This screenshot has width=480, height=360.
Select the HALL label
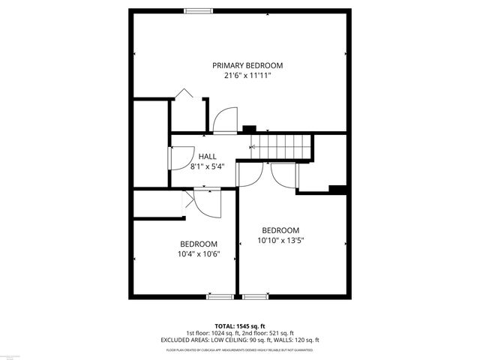(x=207, y=156)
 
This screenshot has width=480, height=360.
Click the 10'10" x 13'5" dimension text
(x=280, y=240)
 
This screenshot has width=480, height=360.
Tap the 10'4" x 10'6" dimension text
(x=199, y=253)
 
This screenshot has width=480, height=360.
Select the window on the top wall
(x=198, y=10)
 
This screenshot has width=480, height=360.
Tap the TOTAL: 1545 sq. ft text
(x=240, y=327)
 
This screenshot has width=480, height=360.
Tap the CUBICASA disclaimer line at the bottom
(x=240, y=349)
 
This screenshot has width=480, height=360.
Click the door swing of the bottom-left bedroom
(x=205, y=203)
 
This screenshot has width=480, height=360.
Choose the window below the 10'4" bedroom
(x=219, y=295)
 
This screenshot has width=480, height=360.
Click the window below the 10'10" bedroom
(x=255, y=295)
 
